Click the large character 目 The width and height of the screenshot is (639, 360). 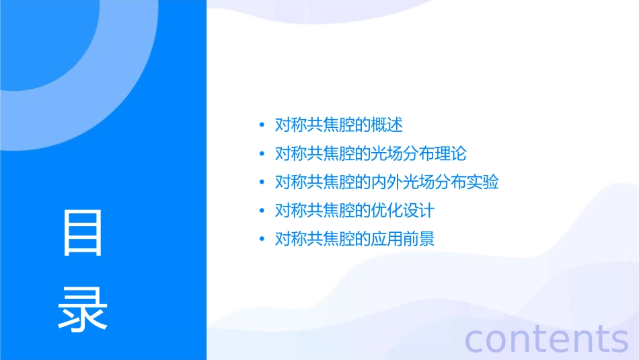[x=83, y=233]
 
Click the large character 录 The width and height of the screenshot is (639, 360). [x=83, y=309]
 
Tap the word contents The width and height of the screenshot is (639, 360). [x=547, y=338]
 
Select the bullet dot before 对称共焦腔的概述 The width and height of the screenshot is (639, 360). [x=262, y=125]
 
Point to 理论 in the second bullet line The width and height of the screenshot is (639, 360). [x=450, y=153]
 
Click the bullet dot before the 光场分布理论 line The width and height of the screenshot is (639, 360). [x=262, y=153]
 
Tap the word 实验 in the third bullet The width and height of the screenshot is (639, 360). [x=482, y=182]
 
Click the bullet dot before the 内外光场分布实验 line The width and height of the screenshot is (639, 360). [x=262, y=182]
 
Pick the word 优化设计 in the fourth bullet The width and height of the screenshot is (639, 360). [x=403, y=211]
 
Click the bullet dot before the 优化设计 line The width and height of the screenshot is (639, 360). [x=262, y=211]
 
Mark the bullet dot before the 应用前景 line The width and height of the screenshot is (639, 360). [x=262, y=240]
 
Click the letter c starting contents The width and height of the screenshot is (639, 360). [x=476, y=339]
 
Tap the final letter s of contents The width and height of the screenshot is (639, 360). [x=619, y=339]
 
